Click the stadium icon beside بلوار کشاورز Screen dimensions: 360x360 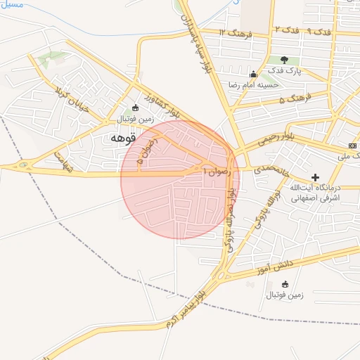pyautogui.click(x=135, y=108)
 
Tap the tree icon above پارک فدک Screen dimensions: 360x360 pyautogui.click(x=284, y=60)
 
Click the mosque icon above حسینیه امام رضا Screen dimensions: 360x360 pyautogui.click(x=253, y=75)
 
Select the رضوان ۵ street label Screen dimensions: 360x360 pyautogui.click(x=150, y=150)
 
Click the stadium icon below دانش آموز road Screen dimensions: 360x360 pyautogui.click(x=285, y=284)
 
